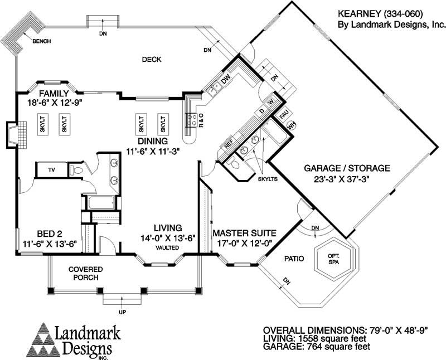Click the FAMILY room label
(54, 94)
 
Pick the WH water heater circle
(290, 126)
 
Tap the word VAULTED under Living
(167, 247)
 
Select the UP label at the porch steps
(122, 313)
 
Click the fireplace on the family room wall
(16, 134)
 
